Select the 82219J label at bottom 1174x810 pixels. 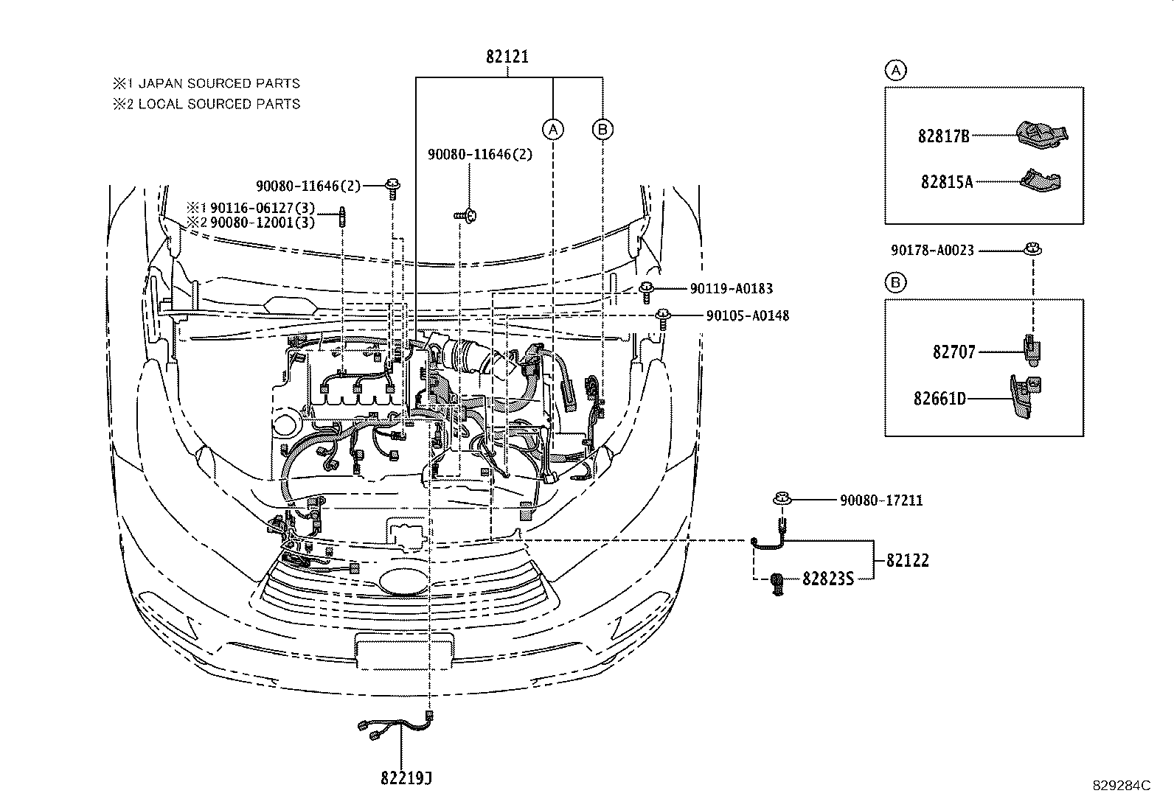pos(406,778)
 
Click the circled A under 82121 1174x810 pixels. pos(552,130)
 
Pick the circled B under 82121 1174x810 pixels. pos(602,130)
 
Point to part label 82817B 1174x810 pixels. pos(944,136)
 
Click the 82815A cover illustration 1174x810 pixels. pos(1041,179)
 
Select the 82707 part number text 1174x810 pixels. pos(954,352)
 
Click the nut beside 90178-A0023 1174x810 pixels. pos(1032,249)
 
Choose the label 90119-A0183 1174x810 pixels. pos(732,290)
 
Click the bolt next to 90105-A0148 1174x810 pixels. pos(664,318)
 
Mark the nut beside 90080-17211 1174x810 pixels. pos(781,500)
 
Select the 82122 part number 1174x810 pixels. pos(907,561)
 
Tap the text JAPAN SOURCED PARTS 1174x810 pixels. pos(219,84)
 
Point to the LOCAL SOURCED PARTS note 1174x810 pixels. pos(219,104)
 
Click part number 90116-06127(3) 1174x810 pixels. pos(263,208)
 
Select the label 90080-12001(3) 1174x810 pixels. pos(263,223)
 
